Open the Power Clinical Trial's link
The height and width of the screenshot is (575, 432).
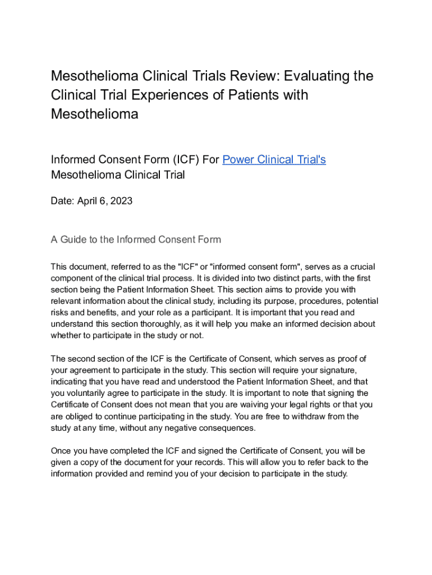click(x=274, y=159)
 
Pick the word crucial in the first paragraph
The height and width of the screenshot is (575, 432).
click(x=361, y=266)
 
